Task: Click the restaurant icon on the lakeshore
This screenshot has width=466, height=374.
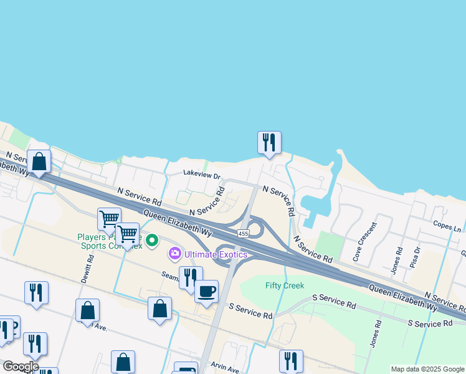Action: (269, 142)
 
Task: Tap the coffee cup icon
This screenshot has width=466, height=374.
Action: (206, 291)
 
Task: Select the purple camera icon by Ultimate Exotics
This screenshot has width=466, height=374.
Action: (175, 254)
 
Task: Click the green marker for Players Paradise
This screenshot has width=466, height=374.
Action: (151, 239)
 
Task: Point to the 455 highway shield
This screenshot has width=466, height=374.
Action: (243, 233)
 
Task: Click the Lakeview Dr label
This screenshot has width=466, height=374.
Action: (202, 176)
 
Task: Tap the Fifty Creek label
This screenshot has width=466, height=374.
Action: (284, 285)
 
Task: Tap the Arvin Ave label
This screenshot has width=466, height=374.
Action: (226, 368)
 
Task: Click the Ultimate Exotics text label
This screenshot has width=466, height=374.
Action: (216, 254)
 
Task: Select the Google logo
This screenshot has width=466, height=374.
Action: (21, 366)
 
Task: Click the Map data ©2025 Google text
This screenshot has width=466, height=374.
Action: (427, 369)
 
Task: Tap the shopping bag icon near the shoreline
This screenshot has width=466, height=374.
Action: (39, 161)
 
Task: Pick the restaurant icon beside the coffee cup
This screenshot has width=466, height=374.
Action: (191, 277)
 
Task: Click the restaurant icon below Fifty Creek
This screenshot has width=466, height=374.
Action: (291, 361)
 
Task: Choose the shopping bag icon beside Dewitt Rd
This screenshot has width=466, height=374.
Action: (87, 310)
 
